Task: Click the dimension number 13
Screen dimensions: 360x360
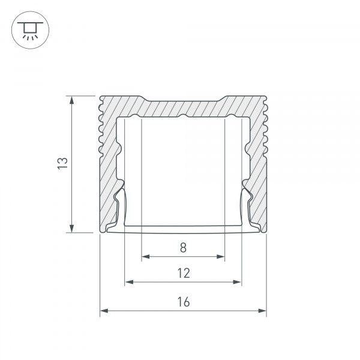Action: pyautogui.click(x=62, y=163)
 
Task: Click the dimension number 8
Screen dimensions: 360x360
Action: pyautogui.click(x=183, y=248)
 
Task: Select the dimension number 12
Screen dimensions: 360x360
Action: pyautogui.click(x=184, y=273)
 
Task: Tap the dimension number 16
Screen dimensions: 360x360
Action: pyautogui.click(x=184, y=302)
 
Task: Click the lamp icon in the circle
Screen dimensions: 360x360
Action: pyautogui.click(x=30, y=30)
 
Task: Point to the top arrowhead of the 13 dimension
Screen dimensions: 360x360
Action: pyautogui.click(x=71, y=100)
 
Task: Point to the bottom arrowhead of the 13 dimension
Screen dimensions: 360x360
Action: pyautogui.click(x=71, y=229)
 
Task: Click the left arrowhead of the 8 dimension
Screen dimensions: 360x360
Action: pyautogui.click(x=146, y=256)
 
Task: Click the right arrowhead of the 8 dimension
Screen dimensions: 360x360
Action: pyautogui.click(x=221, y=256)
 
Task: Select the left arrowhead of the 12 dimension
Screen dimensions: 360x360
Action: pyautogui.click(x=129, y=282)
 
